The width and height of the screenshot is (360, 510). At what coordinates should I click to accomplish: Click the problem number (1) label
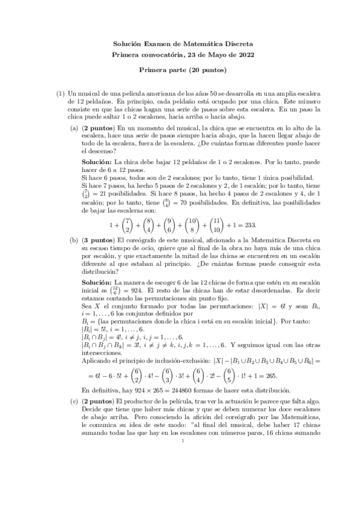(x=61, y=94)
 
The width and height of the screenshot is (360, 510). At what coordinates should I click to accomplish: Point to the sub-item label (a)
(x=74, y=128)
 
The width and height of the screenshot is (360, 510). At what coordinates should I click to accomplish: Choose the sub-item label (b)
(x=74, y=239)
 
